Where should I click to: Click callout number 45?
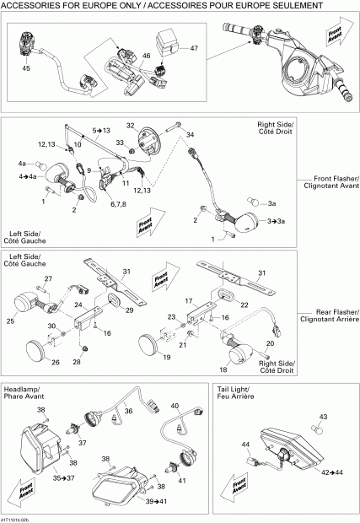tap(26, 68)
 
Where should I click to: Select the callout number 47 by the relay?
tap(194, 49)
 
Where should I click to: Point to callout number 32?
tap(131, 126)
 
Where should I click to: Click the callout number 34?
tap(191, 135)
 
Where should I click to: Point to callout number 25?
tap(11, 321)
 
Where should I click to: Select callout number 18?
tap(223, 369)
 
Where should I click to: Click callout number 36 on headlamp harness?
tap(129, 411)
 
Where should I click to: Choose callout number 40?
tap(175, 406)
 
